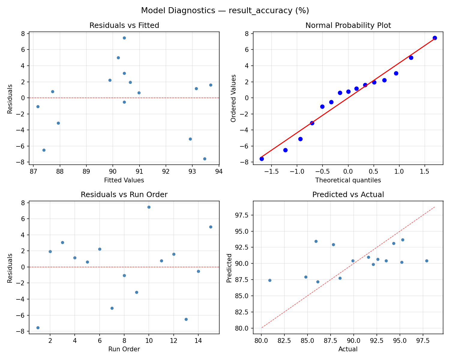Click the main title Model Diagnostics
coord(225,10)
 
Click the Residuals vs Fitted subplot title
coord(124,25)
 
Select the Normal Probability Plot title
coord(348,25)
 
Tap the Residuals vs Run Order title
coord(124,195)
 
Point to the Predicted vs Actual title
coord(348,195)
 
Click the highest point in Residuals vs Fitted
coord(124,38)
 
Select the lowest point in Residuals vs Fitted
coord(205,159)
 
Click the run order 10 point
coord(149,207)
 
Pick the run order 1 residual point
coord(38,328)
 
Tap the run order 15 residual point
coord(211,227)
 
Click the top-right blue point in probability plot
coord(435,38)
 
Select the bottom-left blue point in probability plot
coord(262,159)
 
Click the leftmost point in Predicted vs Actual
coord(270,280)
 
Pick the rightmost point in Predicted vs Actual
coord(427,261)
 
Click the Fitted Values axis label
coord(124,180)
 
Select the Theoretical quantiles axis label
coord(348,180)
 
